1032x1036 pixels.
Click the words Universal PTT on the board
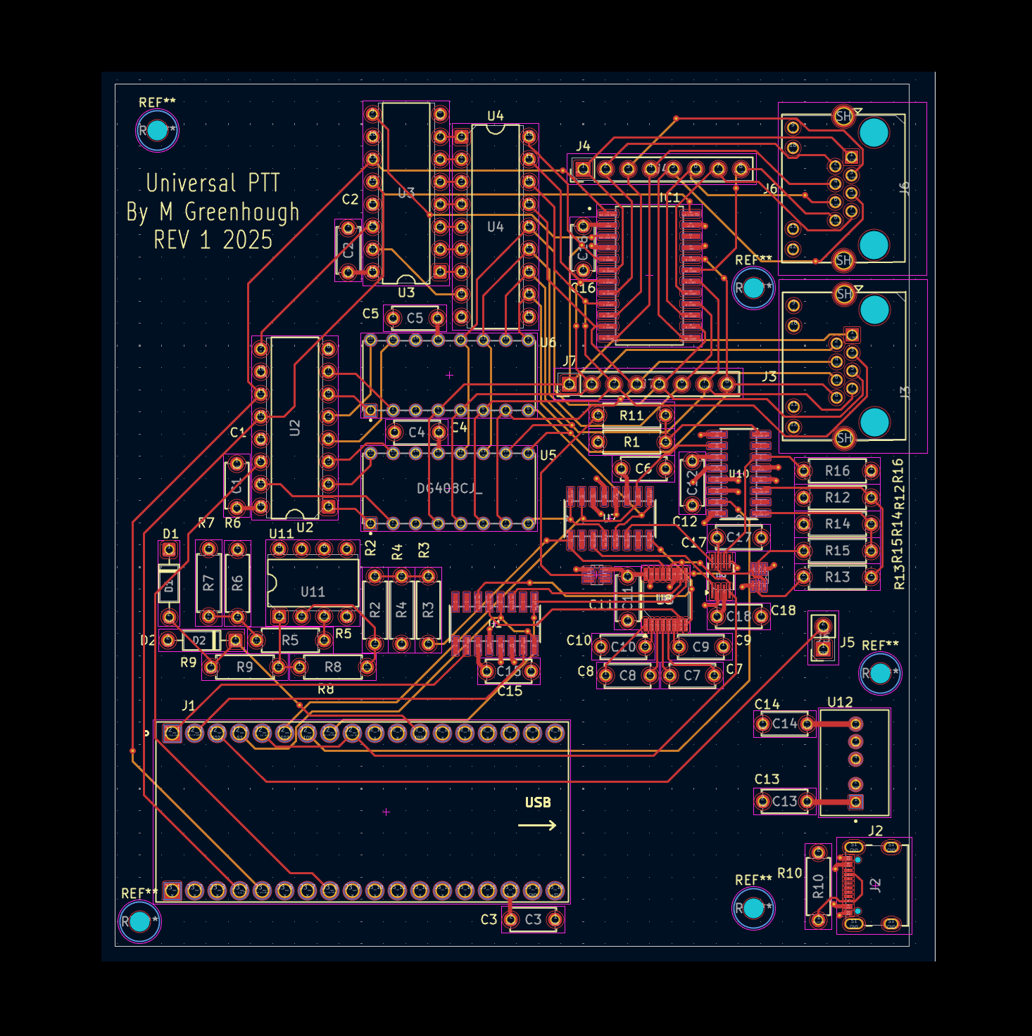213,183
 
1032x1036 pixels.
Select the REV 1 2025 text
213,241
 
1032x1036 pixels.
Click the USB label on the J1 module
537,802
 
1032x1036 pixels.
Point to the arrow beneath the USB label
537,826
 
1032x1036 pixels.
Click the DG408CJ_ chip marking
449,488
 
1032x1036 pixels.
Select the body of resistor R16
837,471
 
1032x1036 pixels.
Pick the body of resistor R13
837,577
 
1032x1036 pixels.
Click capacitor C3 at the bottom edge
533,919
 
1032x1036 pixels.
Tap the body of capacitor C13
784,801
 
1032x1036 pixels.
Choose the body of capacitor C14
784,724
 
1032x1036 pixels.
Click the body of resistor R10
818,886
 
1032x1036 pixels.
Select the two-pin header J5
823,637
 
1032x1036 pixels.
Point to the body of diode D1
169,584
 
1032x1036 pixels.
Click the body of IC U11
313,583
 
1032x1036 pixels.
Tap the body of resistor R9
244,667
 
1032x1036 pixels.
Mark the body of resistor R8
333,667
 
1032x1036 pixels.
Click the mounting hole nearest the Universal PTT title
157,130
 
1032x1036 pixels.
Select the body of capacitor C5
415,319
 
